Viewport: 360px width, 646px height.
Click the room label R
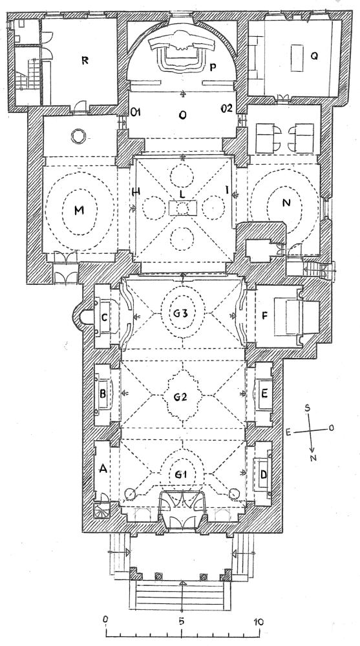coord(85,60)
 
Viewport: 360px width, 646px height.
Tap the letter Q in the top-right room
coord(314,56)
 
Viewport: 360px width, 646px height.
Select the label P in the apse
coord(213,68)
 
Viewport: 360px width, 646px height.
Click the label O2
coord(227,109)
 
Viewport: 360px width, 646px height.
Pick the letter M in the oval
coord(79,210)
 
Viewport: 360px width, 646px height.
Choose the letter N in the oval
coord(286,202)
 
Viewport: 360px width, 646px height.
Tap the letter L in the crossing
coord(182,193)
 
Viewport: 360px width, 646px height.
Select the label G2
coord(180,397)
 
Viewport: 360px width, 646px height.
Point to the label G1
coord(180,475)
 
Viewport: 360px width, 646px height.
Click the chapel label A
coord(103,468)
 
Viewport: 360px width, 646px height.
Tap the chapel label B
coord(103,394)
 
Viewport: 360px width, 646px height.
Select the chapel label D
coord(264,475)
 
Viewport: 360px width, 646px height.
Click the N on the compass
coord(313,458)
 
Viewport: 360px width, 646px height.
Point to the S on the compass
coord(307,408)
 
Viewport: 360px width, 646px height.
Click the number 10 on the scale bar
coord(258,621)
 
